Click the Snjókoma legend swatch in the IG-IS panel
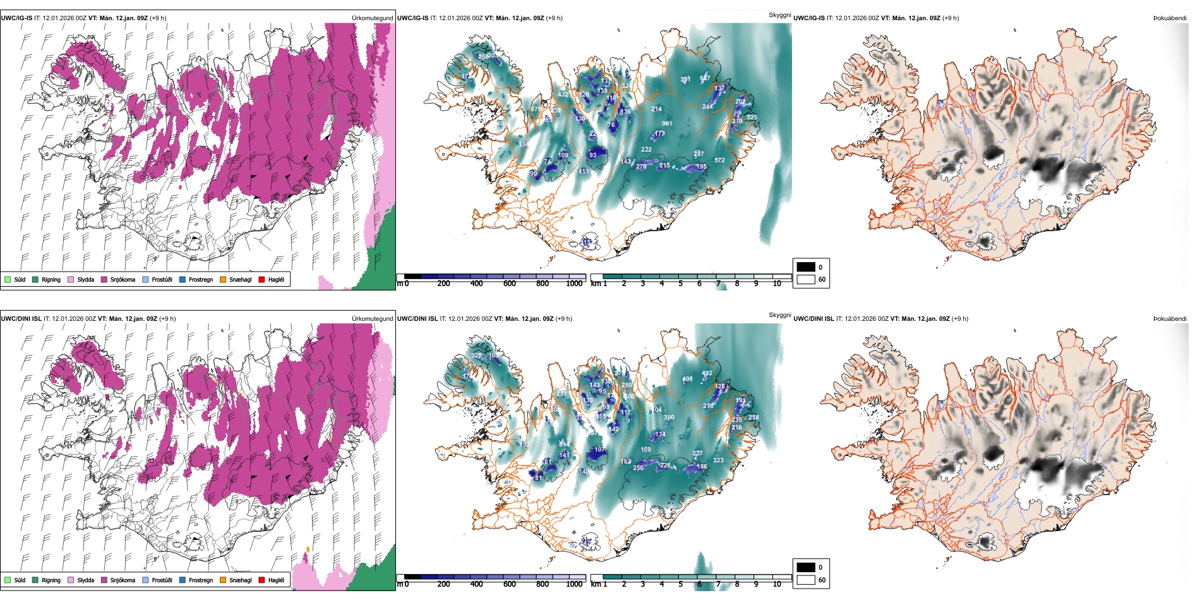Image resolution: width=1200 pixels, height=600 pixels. (x=104, y=279)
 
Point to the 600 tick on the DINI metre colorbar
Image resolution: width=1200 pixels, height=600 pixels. (x=510, y=584)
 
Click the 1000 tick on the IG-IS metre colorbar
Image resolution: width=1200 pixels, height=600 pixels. (x=574, y=284)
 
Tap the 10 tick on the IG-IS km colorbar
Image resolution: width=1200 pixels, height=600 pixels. (x=777, y=284)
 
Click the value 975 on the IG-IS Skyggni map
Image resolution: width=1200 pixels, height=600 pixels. (x=536, y=109)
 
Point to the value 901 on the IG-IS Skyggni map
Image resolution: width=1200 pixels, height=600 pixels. (x=667, y=124)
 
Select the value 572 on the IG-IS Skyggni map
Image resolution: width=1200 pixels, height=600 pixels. (x=719, y=160)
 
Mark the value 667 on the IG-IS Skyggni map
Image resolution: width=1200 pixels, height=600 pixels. (x=705, y=78)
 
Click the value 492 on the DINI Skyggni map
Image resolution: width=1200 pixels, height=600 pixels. (x=707, y=373)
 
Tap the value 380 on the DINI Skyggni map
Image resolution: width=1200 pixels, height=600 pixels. (x=669, y=417)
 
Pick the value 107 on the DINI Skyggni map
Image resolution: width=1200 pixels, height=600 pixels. (x=599, y=450)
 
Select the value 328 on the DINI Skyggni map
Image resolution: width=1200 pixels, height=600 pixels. (x=476, y=356)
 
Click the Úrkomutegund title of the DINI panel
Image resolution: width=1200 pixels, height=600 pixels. (x=372, y=319)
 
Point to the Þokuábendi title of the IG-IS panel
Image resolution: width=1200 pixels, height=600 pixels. (x=1170, y=18)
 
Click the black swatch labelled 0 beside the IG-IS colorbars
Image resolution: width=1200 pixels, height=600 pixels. (x=806, y=267)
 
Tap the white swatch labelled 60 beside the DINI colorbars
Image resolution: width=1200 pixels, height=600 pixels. (x=806, y=580)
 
